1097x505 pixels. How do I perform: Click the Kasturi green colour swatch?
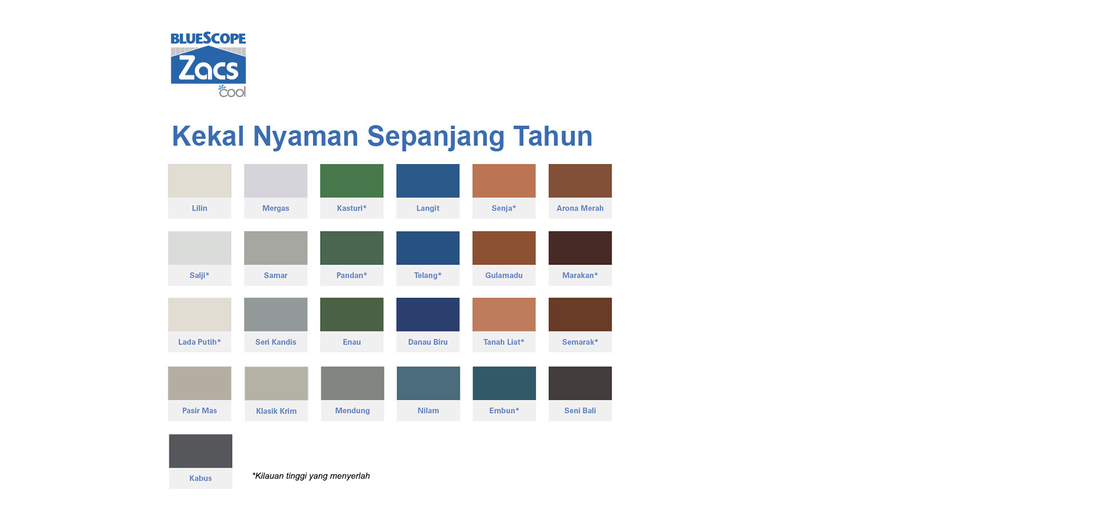pyautogui.click(x=351, y=181)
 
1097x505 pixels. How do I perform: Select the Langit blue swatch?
pyautogui.click(x=428, y=181)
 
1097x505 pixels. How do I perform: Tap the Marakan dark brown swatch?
pyautogui.click(x=580, y=248)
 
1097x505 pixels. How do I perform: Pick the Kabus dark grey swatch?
pyautogui.click(x=201, y=451)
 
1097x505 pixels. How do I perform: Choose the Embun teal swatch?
pyautogui.click(x=505, y=383)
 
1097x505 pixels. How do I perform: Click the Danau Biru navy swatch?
pyautogui.click(x=428, y=314)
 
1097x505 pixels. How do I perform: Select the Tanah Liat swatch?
pyautogui.click(x=504, y=314)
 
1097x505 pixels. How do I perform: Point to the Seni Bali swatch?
pyautogui.click(x=580, y=383)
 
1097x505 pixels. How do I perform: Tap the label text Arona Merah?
pyautogui.click(x=580, y=209)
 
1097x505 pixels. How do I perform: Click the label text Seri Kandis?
pyautogui.click(x=276, y=342)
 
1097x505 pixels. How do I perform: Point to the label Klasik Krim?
pyautogui.click(x=277, y=411)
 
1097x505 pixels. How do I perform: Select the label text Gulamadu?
pyautogui.click(x=504, y=275)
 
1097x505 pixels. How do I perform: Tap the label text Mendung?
pyautogui.click(x=353, y=411)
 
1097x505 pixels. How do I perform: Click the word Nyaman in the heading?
pyautogui.click(x=306, y=137)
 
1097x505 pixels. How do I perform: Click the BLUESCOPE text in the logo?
pyautogui.click(x=208, y=38)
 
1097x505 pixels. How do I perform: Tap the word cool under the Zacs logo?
pyautogui.click(x=232, y=91)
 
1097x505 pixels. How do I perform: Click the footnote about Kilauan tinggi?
pyautogui.click(x=311, y=476)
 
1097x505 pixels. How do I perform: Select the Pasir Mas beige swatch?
pyautogui.click(x=199, y=383)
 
